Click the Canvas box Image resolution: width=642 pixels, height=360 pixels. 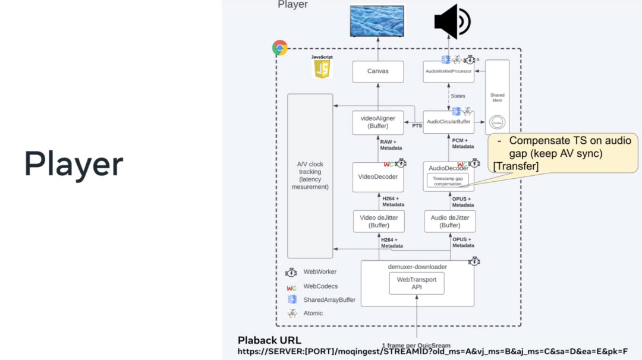point(377,71)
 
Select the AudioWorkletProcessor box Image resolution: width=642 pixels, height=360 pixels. point(449,71)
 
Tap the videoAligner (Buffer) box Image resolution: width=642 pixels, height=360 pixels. point(377,122)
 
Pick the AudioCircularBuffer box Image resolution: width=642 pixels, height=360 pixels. point(449,122)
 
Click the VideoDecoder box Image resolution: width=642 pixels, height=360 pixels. point(377,177)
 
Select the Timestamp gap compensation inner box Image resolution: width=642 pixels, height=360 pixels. point(448,181)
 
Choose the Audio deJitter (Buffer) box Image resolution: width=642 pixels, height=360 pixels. point(450,222)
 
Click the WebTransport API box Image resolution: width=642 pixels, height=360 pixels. point(417,283)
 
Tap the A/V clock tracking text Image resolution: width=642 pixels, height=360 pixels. point(310,175)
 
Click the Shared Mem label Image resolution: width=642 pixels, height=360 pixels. point(497,97)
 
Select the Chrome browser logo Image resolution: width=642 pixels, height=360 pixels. point(279,48)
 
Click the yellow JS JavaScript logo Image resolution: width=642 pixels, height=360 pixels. point(322,68)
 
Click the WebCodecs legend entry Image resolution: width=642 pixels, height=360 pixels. point(320,286)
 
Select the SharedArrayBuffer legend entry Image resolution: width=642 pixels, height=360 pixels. point(329,300)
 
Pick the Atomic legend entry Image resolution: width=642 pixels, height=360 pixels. point(313,313)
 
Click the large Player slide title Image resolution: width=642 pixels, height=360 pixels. point(74,164)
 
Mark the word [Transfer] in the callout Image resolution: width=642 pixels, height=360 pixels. point(516,167)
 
